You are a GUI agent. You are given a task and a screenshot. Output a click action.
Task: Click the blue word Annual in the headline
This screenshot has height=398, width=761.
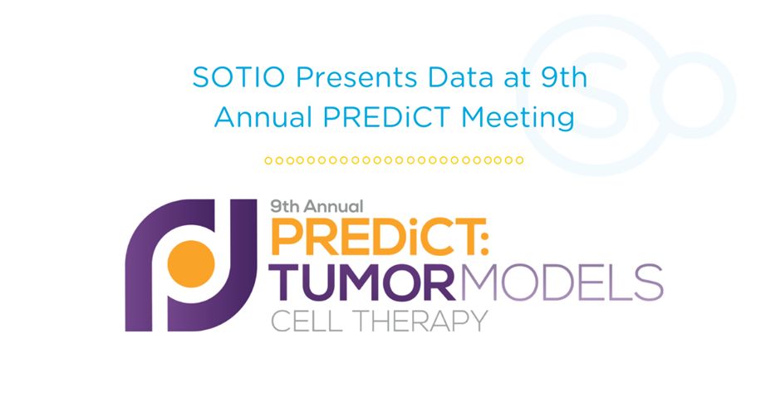(263, 117)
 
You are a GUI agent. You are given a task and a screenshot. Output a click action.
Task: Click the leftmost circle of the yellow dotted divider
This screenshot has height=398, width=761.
(268, 160)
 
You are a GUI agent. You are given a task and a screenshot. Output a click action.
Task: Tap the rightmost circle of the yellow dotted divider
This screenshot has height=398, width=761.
(519, 160)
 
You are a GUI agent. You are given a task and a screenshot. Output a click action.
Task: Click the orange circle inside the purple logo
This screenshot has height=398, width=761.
(191, 264)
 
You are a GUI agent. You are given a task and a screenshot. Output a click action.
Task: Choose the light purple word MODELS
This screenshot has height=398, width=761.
(562, 282)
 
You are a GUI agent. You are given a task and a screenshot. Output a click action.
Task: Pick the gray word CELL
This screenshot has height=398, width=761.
(307, 321)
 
